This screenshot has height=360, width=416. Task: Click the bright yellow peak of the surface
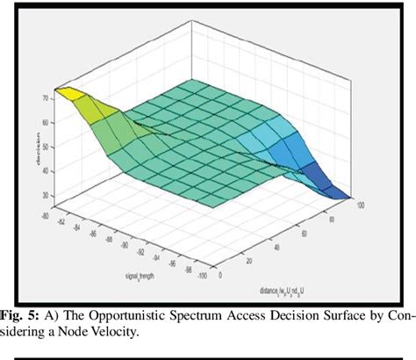[x=59, y=90]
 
